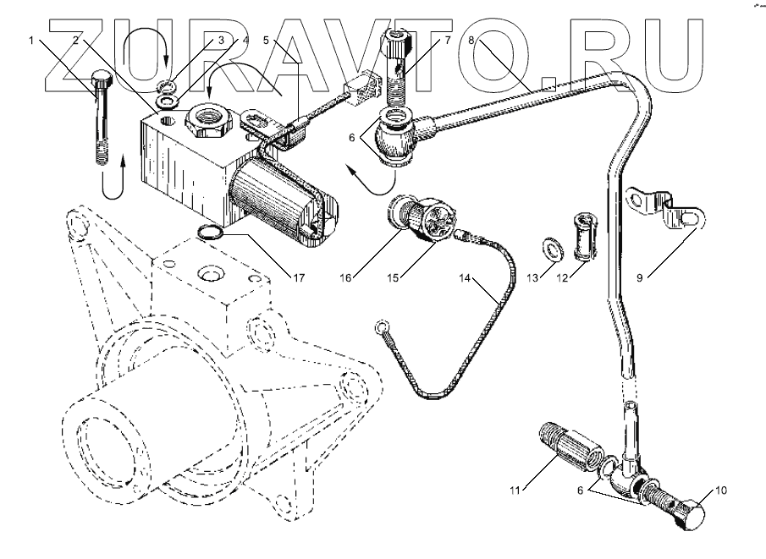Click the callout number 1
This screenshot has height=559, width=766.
tap(31, 39)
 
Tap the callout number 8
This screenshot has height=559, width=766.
tap(472, 39)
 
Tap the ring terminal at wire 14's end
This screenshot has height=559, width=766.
tap(382, 326)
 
